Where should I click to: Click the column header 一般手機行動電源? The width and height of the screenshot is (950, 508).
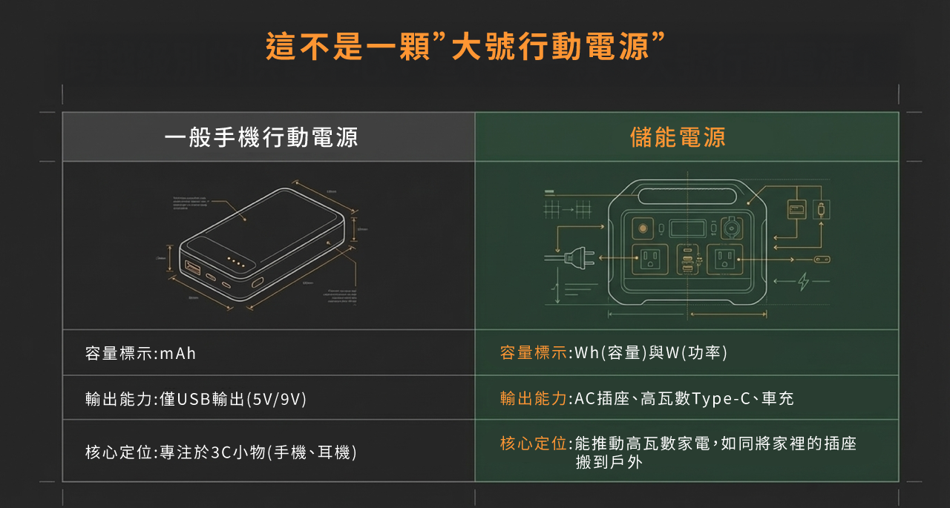pos(261,137)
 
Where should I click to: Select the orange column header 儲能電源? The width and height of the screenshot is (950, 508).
pos(678,137)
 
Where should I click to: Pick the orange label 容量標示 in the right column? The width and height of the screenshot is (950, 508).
pos(534,353)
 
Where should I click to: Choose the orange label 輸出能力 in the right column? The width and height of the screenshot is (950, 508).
pos(534,399)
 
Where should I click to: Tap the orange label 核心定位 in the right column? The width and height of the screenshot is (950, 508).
pos(534,443)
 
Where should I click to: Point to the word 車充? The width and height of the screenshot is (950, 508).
pos(778,399)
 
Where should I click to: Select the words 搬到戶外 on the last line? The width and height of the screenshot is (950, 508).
pos(609,463)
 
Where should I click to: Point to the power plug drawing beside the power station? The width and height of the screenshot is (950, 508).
pos(575,258)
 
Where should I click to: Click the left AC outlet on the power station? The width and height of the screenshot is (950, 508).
pos(650,259)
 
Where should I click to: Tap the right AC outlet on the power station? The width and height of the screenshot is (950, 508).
pos(724,259)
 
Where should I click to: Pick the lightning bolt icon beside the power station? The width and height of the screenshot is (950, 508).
pos(802,281)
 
